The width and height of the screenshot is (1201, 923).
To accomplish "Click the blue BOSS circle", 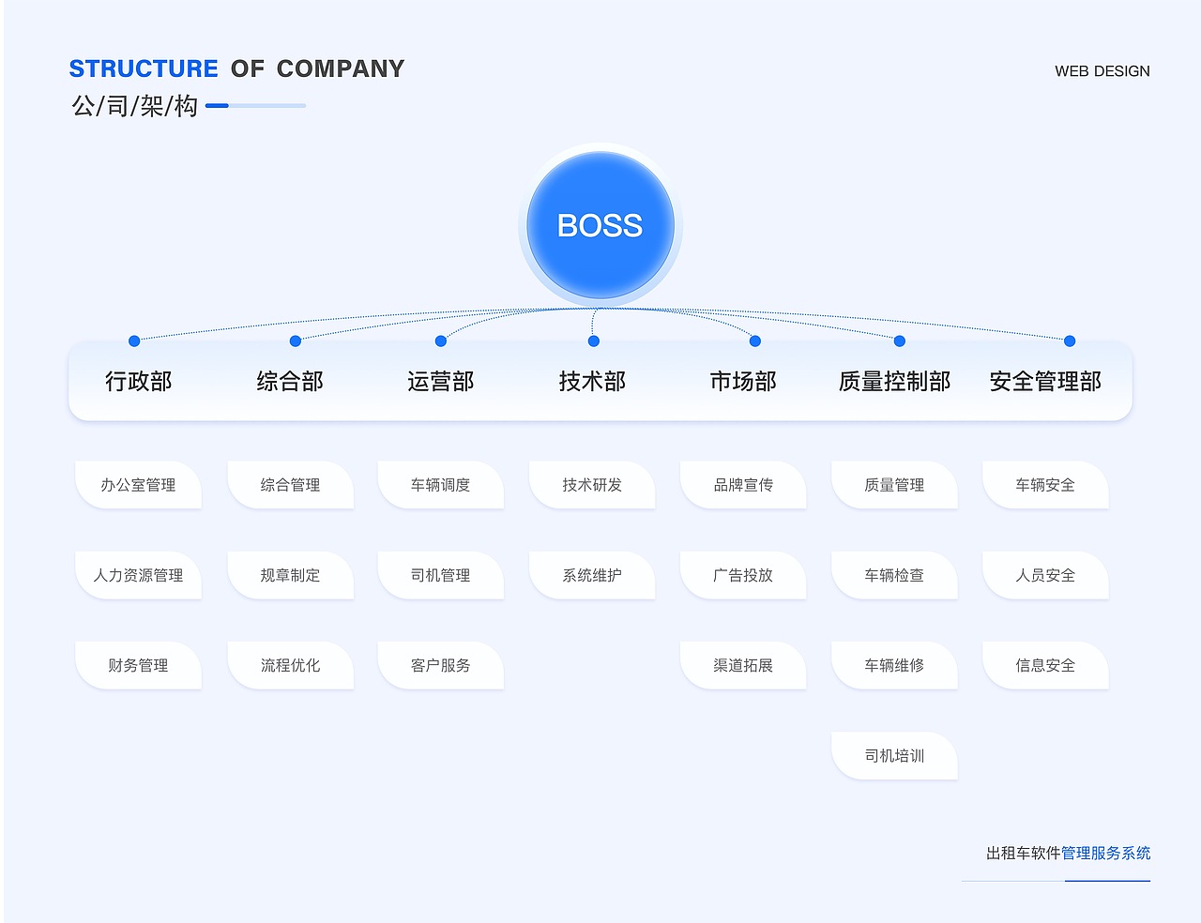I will [600, 225].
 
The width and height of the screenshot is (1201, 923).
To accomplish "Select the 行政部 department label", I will [139, 382].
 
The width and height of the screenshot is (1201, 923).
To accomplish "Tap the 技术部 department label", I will [592, 382].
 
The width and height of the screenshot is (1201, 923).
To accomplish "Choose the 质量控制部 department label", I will [894, 382].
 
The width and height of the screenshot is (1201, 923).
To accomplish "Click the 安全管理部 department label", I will [1045, 382].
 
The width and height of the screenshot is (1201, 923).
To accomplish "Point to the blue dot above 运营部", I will [441, 340].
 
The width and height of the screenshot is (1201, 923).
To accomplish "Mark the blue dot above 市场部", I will [755, 340].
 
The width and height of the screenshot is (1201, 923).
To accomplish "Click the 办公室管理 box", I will [139, 485].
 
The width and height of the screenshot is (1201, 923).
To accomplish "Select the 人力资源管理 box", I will [139, 575].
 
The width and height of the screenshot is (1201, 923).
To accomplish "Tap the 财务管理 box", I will [139, 665].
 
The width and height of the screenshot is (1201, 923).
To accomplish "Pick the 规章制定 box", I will [291, 575].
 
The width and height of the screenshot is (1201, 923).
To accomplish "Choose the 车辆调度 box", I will [441, 485].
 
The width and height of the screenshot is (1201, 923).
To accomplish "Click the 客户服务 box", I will [441, 665].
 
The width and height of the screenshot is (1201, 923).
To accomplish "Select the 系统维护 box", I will [592, 575].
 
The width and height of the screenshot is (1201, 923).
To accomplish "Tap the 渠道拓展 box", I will [743, 665].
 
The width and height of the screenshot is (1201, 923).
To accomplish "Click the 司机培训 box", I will [894, 755].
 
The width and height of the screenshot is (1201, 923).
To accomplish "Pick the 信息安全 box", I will [1045, 665].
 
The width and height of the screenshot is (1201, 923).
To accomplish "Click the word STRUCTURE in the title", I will [144, 68].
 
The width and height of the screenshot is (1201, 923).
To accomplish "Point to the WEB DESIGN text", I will [1102, 71].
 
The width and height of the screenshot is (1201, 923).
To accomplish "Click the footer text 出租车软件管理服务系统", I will [1068, 853].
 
